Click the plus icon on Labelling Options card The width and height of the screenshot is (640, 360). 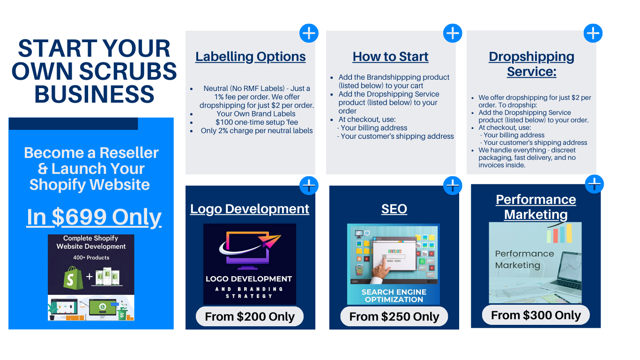click(x=309, y=33)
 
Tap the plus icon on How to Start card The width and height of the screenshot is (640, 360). click(x=453, y=33)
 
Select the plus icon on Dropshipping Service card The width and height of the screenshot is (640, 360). click(x=593, y=33)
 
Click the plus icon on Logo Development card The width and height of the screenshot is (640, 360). click(x=309, y=186)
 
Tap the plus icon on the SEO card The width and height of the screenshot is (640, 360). click(x=453, y=186)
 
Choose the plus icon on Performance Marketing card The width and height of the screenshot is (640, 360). click(x=594, y=184)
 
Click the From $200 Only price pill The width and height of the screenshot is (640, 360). click(x=250, y=316)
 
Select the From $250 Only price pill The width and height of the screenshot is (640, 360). click(x=394, y=316)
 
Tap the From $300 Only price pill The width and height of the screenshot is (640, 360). click(x=536, y=315)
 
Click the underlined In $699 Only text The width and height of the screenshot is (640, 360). click(x=94, y=217)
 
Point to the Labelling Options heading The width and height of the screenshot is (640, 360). click(x=251, y=57)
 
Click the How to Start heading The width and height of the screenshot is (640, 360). click(x=391, y=57)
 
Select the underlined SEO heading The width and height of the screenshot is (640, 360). click(x=394, y=209)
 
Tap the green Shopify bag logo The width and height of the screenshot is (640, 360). click(x=73, y=277)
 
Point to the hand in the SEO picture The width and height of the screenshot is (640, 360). click(x=381, y=272)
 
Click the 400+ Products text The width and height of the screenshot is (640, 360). click(x=91, y=258)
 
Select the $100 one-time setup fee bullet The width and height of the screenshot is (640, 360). click(x=257, y=122)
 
